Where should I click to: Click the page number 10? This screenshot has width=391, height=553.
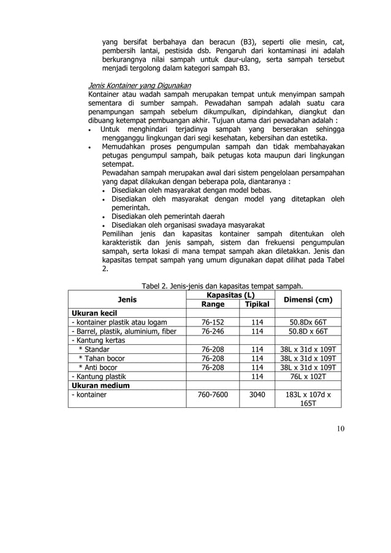pyautogui.click(x=340, y=427)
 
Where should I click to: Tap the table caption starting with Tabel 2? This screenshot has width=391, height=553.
pyautogui.click(x=222, y=285)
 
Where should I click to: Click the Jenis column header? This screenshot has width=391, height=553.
pyautogui.click(x=127, y=299)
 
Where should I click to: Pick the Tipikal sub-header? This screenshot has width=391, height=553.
pyautogui.click(x=257, y=304)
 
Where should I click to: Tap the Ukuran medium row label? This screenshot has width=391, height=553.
pyautogui.click(x=101, y=386)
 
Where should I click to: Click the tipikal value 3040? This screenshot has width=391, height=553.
pyautogui.click(x=257, y=396)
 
